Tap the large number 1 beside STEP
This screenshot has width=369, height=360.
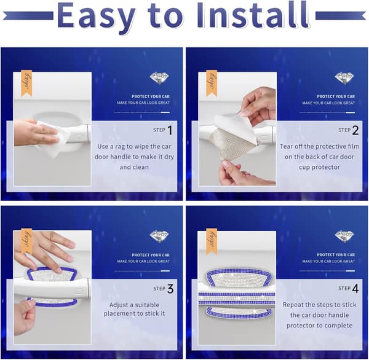click(x=170, y=130)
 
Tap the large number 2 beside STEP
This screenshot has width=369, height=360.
click(x=355, y=130)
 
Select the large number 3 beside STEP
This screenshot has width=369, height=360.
click(x=170, y=289)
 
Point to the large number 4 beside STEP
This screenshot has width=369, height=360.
click(x=355, y=289)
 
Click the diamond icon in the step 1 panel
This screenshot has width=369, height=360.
click(x=159, y=78)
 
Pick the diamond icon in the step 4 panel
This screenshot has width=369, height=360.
click(x=345, y=237)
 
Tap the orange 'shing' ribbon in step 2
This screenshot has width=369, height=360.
click(x=212, y=84)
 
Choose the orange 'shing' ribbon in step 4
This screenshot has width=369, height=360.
click(x=212, y=241)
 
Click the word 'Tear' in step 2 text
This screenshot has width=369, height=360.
click(x=287, y=146)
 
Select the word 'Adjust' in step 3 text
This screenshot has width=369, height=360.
click(x=117, y=305)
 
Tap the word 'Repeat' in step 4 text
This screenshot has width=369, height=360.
click(x=293, y=305)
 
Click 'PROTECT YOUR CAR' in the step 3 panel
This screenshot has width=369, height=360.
click(x=151, y=255)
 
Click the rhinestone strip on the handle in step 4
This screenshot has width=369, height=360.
click(x=237, y=299)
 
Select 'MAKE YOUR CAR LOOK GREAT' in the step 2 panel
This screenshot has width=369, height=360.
click(x=328, y=103)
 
